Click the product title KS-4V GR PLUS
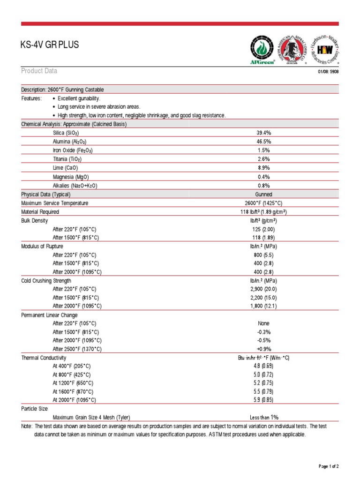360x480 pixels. (50, 45)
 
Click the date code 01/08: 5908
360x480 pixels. (328, 72)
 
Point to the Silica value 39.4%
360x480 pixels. (263, 133)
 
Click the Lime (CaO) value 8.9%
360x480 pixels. (263, 168)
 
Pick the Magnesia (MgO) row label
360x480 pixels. (71, 177)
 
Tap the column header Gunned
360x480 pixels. (263, 194)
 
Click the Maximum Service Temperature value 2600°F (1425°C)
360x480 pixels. (263, 203)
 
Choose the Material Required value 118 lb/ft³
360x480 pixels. (263, 212)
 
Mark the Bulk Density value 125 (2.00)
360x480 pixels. (263, 229)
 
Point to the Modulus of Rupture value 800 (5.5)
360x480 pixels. (263, 255)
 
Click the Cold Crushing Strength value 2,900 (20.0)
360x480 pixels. (263, 289)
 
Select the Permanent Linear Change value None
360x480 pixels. (263, 323)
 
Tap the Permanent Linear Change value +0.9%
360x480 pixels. (263, 349)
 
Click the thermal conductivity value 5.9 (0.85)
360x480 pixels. (263, 400)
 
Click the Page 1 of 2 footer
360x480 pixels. (328, 466)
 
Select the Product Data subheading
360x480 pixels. (39, 71)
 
